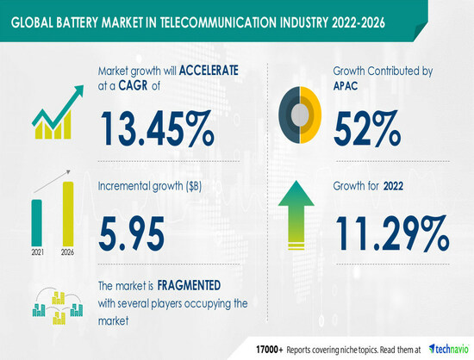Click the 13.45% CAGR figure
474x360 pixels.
[157, 128]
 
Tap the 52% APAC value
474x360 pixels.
[367, 128]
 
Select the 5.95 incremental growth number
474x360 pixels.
[131, 233]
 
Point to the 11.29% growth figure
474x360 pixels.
[392, 233]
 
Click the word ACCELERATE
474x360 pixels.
[209, 71]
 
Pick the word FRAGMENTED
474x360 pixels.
[189, 285]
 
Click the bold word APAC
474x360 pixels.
[346, 86]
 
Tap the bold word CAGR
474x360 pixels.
[133, 86]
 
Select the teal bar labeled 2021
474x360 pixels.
[36, 223]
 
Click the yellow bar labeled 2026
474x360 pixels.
[68, 214]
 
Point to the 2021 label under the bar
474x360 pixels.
[37, 252]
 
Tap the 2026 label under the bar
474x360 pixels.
[67, 252]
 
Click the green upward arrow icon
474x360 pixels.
[296, 215]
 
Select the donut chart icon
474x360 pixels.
[300, 115]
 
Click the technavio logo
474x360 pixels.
[449, 350]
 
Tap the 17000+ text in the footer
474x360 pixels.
[270, 350]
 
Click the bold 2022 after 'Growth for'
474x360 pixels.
[393, 186]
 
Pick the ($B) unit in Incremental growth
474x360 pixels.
[193, 186]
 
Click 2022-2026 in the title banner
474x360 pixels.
[359, 22]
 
